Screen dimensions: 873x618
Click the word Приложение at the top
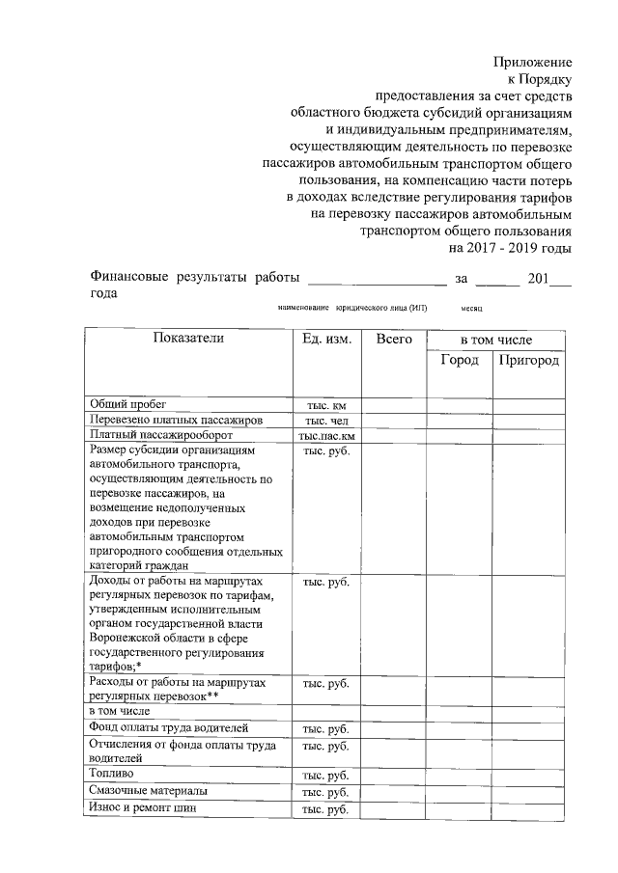pos(532,61)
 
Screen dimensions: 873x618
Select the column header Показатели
pos(187,339)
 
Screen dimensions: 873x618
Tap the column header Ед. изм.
pos(326,340)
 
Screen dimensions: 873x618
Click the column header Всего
pos(394,340)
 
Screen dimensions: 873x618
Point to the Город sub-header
pos(460,360)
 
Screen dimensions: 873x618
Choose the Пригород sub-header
pos(529,360)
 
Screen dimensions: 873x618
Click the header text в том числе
pos(495,340)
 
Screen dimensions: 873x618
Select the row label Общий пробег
pos(128,405)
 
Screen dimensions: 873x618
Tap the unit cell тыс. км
pos(326,406)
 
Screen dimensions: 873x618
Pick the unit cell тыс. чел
pos(326,422)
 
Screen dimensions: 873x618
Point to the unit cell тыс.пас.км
pos(326,436)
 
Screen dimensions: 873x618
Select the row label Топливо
pos(111,774)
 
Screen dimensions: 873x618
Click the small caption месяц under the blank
pos(471,308)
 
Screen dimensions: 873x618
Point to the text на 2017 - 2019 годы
pos(510,247)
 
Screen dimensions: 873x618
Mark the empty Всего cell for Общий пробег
pos(394,406)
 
